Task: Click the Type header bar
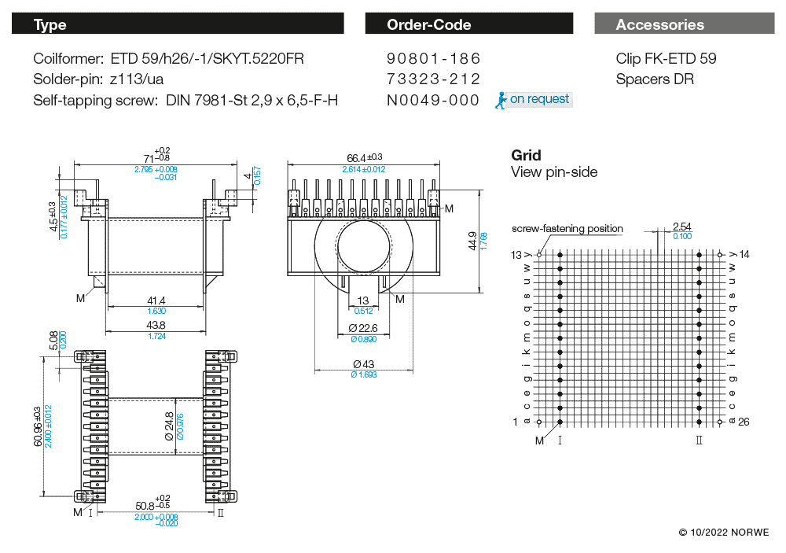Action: pyautogui.click(x=178, y=24)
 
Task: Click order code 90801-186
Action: pyautogui.click(x=433, y=59)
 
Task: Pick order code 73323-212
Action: pyautogui.click(x=433, y=79)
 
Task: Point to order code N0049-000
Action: pyautogui.click(x=433, y=100)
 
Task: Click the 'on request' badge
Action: pyautogui.click(x=534, y=100)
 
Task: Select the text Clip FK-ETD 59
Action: pyautogui.click(x=666, y=59)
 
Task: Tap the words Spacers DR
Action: pyautogui.click(x=655, y=79)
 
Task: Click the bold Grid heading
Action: pyautogui.click(x=526, y=156)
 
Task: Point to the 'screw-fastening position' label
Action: pyautogui.click(x=567, y=229)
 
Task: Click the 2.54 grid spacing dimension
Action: pyautogui.click(x=681, y=227)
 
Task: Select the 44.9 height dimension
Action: pyautogui.click(x=472, y=240)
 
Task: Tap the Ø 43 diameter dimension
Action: pyautogui.click(x=364, y=363)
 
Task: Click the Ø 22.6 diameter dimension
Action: pyautogui.click(x=363, y=328)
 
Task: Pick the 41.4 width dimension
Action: pyautogui.click(x=156, y=300)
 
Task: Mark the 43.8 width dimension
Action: pyautogui.click(x=156, y=325)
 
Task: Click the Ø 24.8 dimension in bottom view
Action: pyautogui.click(x=169, y=425)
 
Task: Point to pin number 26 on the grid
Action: pyautogui.click(x=744, y=422)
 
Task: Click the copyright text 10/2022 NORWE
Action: pyautogui.click(x=724, y=533)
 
